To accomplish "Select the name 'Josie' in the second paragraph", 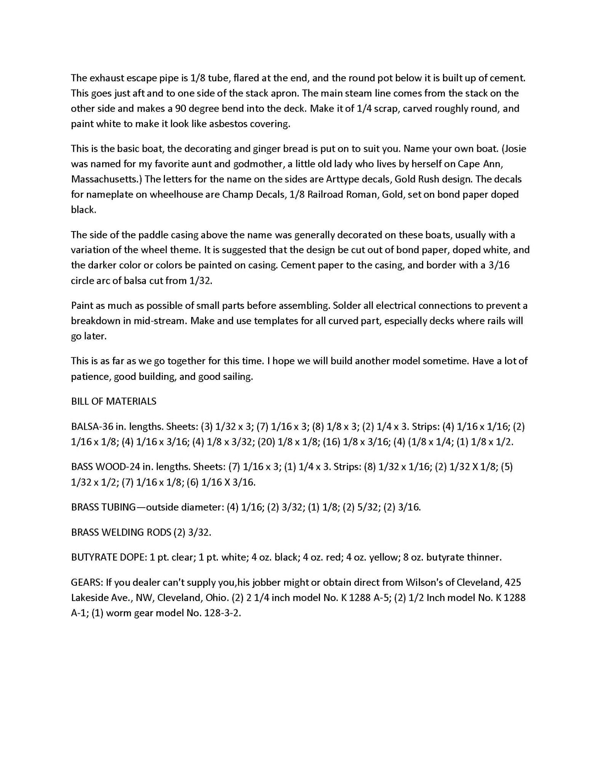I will coord(514,148).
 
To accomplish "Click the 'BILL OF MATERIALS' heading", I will coord(114,401).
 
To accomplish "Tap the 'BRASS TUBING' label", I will coord(103,507).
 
